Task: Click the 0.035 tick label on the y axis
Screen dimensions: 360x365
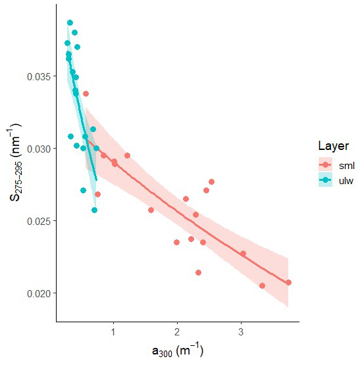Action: coord(39,76)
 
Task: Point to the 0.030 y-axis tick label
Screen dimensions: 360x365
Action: coord(39,149)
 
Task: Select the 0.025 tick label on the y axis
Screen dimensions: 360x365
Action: coord(39,222)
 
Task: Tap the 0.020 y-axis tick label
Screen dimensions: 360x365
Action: coord(39,294)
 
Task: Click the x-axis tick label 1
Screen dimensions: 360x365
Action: coord(113,331)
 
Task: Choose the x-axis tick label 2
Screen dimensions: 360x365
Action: coord(177,331)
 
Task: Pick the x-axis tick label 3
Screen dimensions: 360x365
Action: coord(241,331)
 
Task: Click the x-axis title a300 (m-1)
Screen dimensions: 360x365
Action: coord(178,351)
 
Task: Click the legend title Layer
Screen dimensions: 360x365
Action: coord(334,146)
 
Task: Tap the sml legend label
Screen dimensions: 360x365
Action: coord(347,166)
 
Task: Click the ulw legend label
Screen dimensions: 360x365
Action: coord(346,180)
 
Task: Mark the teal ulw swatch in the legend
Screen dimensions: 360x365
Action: coord(325,180)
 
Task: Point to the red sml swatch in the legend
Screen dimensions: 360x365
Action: coord(325,165)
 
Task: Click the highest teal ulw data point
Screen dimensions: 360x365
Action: coord(70,23)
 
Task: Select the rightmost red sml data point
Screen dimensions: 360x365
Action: coord(288,283)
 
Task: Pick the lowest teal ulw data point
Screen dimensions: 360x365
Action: coord(94,210)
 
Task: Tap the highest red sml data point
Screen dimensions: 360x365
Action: coord(86,94)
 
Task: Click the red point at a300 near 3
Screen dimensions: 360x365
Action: coord(243,254)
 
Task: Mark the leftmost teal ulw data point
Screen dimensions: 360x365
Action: coord(67,43)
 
